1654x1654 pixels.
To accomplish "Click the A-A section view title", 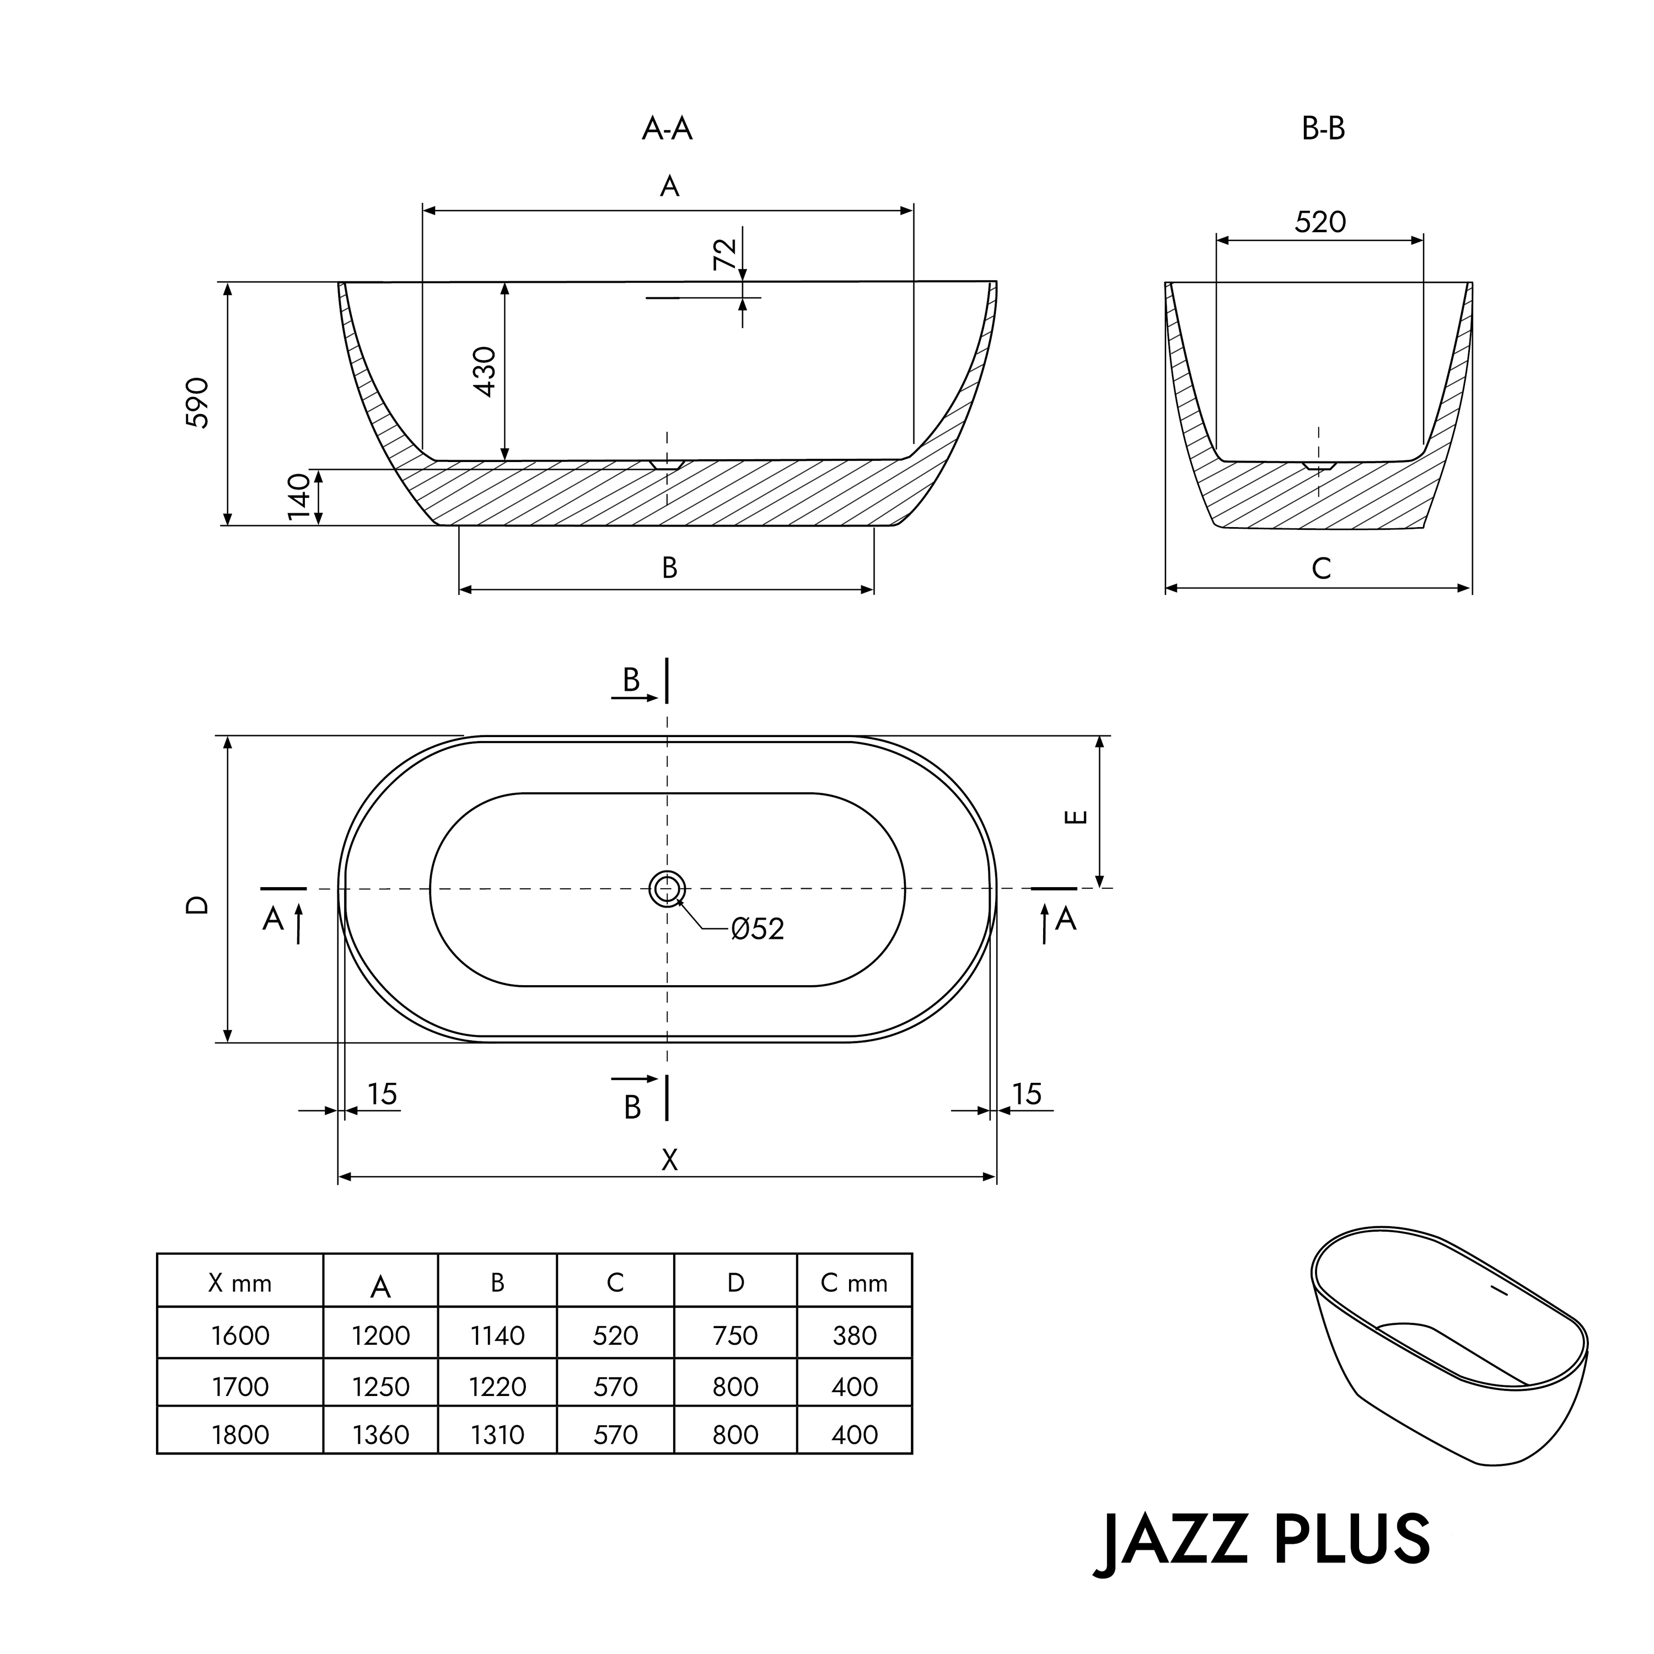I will coord(667,128).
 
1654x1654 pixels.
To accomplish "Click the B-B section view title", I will coord(1323,128).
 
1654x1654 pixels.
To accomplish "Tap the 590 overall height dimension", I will coord(198,402).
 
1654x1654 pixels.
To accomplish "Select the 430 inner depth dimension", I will coord(485,372).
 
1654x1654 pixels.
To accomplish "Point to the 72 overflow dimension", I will coord(724,254).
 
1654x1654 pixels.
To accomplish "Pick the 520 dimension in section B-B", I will coord(1320,222).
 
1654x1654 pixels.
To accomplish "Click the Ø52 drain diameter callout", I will coord(757,929).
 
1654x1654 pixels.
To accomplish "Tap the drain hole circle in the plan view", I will coord(667,889).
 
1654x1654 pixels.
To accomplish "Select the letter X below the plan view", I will coord(669,1160).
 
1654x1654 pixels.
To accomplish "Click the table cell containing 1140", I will coord(497,1335).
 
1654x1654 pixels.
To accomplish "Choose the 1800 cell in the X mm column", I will coord(240,1435).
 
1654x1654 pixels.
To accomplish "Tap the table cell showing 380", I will coord(855,1335).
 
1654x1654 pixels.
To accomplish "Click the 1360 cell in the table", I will coord(381,1435).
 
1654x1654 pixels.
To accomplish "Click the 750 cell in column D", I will coord(735,1335).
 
